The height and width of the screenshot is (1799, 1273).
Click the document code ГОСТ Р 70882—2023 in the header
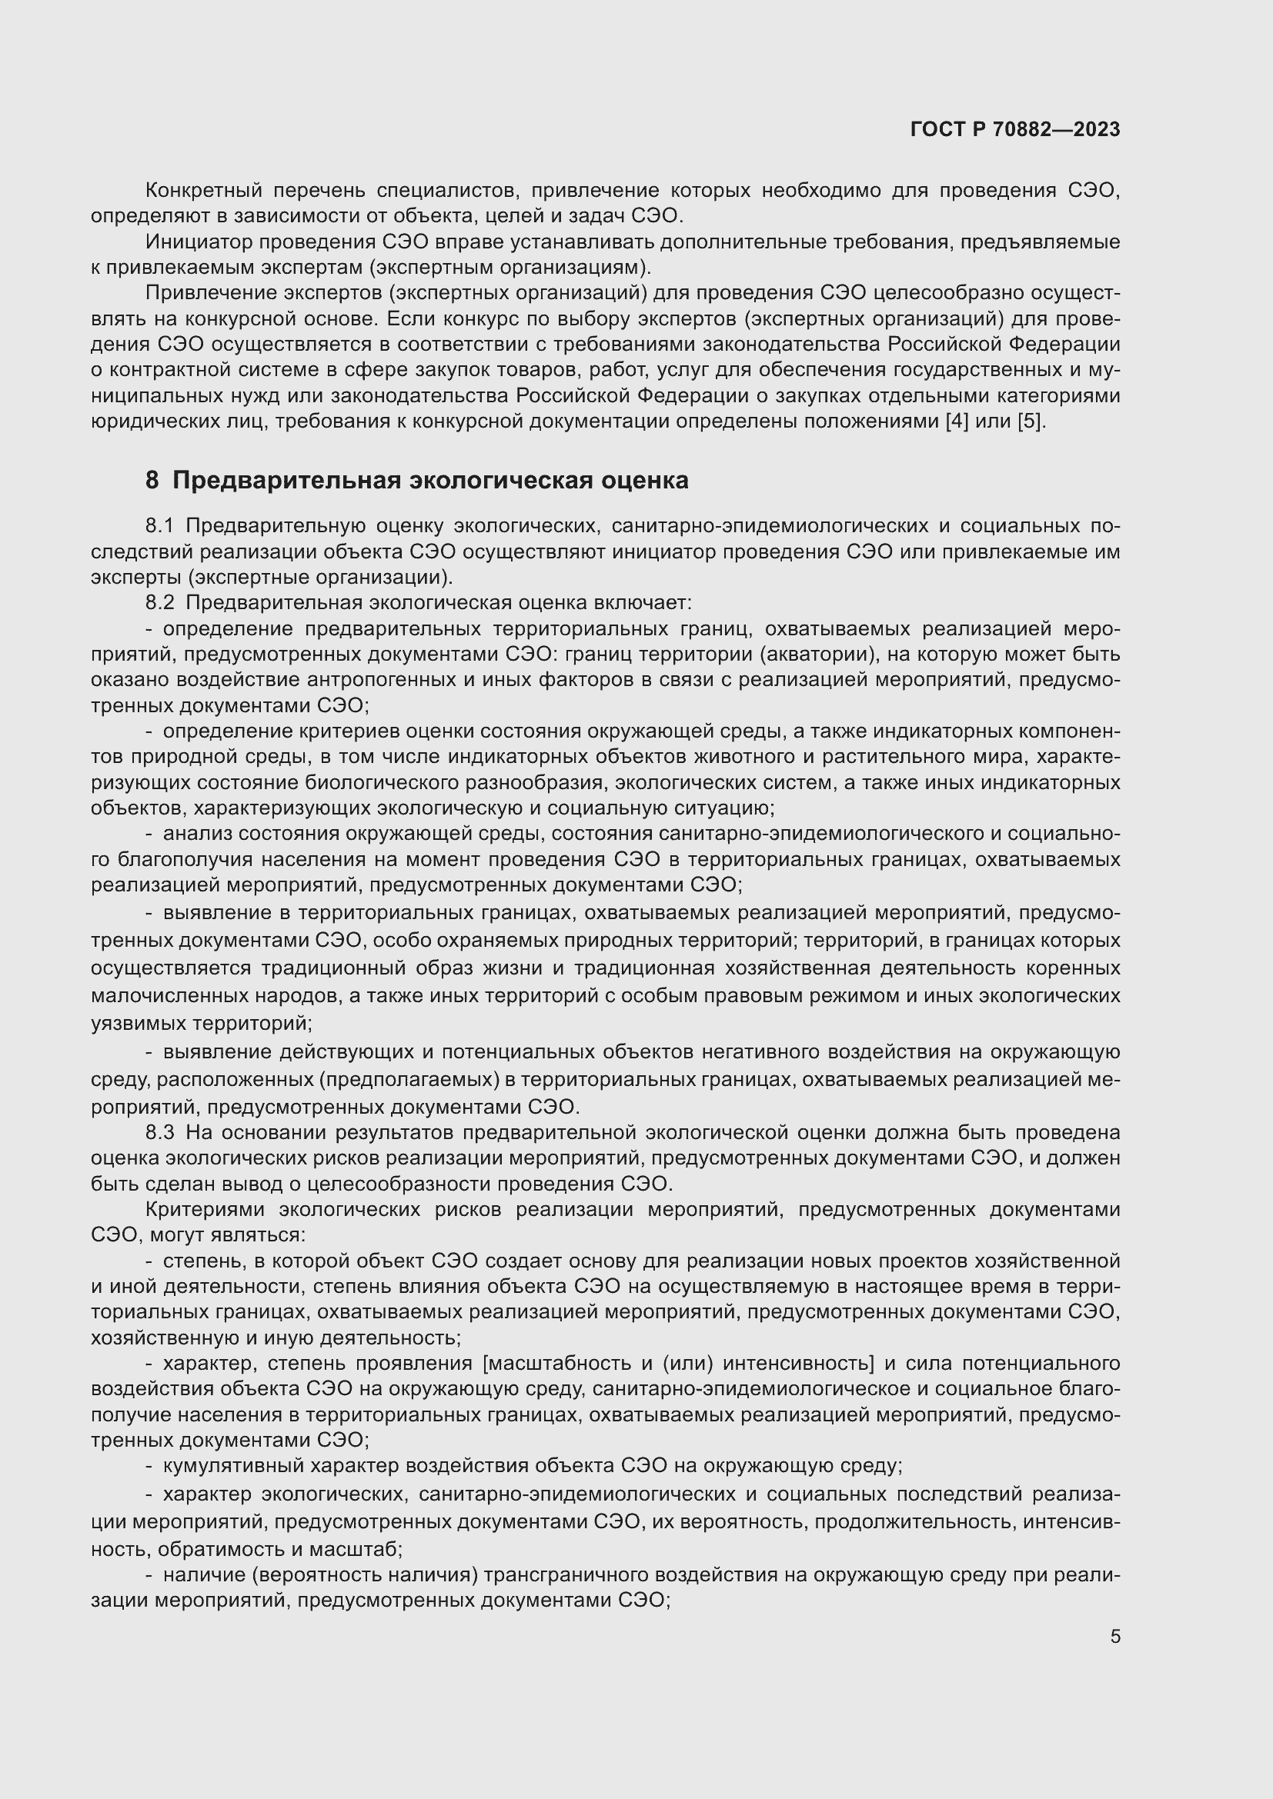click(x=1015, y=130)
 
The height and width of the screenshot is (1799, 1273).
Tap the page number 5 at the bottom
click(x=1114, y=1637)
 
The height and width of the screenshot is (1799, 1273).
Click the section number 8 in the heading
click(x=152, y=480)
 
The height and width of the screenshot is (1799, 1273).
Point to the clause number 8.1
click(x=160, y=526)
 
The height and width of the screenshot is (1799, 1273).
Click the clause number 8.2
click(x=160, y=602)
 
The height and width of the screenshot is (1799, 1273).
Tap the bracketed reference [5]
click(x=1031, y=421)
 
